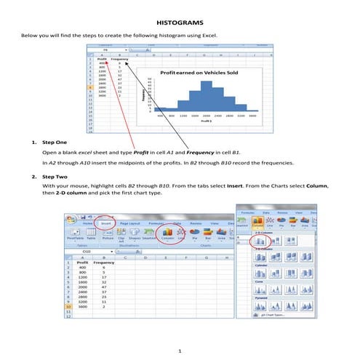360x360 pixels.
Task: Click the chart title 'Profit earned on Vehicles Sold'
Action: point(196,73)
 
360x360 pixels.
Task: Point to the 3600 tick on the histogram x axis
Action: point(252,115)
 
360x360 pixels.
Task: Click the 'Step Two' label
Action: point(55,177)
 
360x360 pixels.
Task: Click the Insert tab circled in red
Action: point(107,225)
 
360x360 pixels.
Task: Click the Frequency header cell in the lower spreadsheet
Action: point(84,263)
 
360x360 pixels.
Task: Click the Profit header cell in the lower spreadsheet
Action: point(63,263)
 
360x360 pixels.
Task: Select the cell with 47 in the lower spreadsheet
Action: point(82,286)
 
